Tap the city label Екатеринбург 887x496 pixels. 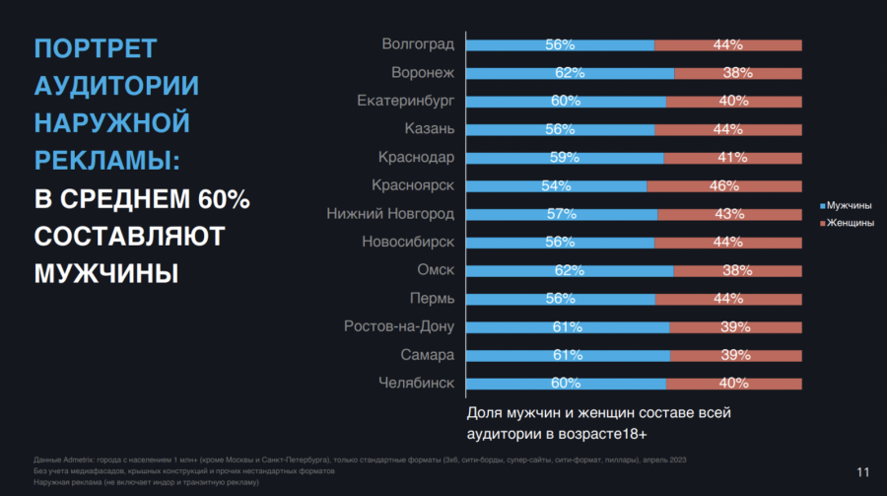point(405,101)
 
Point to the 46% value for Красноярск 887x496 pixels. point(724,185)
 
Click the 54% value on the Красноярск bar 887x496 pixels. point(556,185)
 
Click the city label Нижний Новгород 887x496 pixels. point(390,214)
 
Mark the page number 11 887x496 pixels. point(863,471)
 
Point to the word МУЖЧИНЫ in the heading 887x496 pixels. point(106,273)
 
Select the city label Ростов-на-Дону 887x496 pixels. point(398,326)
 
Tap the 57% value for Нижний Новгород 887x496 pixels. point(561,214)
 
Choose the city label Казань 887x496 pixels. point(429,129)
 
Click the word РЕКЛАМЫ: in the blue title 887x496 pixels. point(107,161)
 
